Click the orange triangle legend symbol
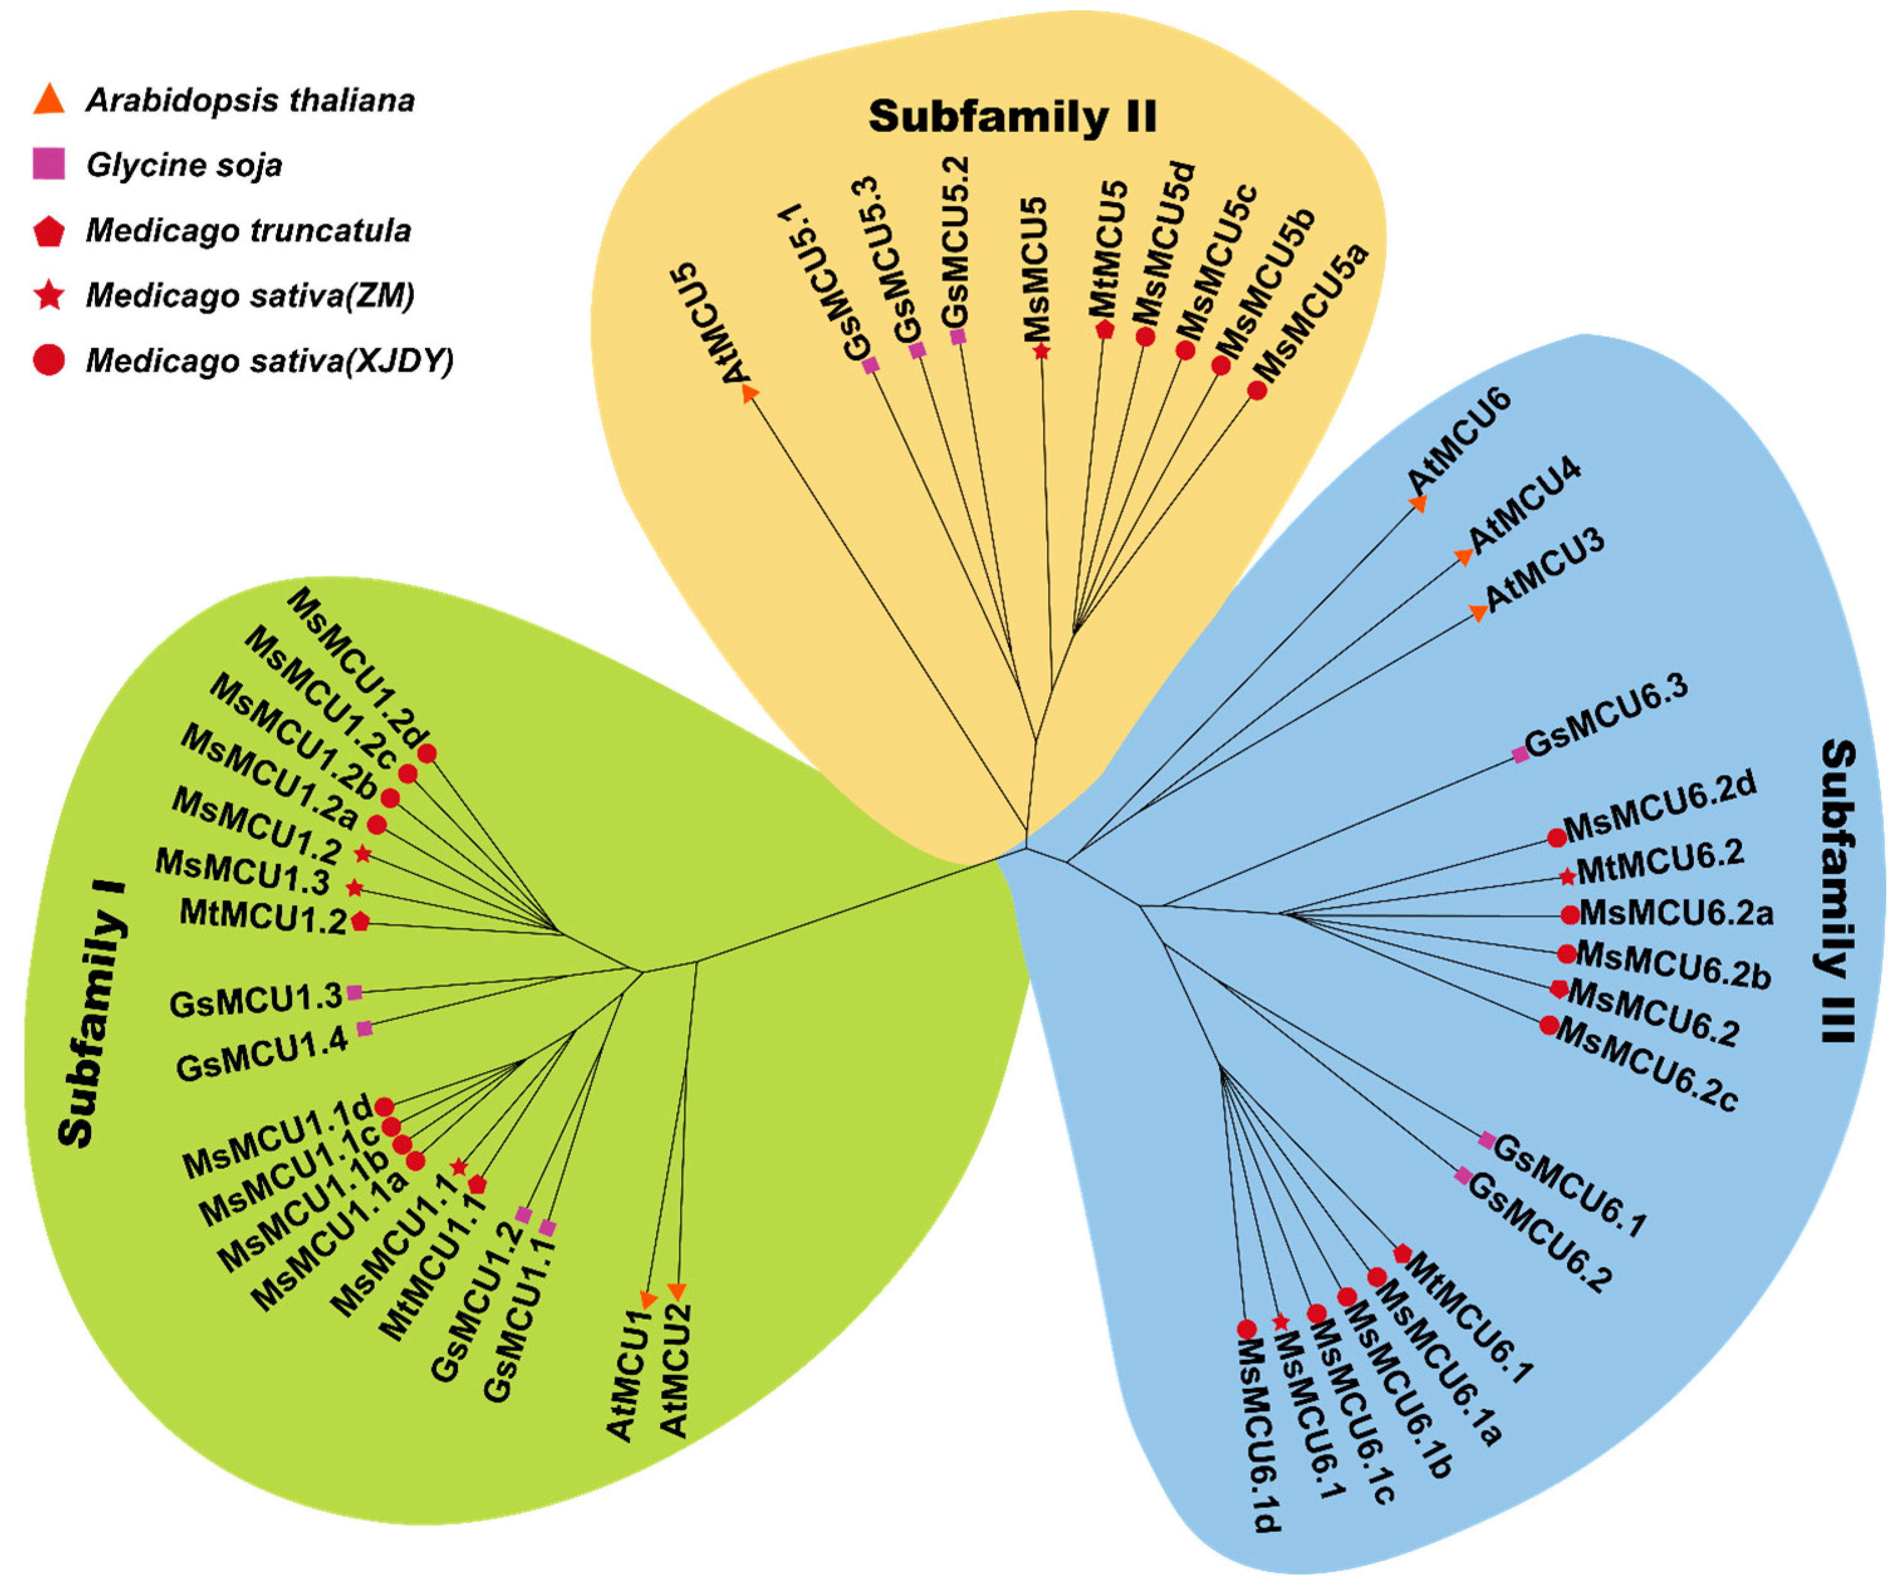tap(49, 100)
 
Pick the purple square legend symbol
tap(49, 164)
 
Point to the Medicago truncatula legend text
tap(248, 230)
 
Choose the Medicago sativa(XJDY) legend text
tap(269, 361)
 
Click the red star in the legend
tap(49, 295)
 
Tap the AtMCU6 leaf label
tap(1459, 442)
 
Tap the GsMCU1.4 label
tap(262, 1054)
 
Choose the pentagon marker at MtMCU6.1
tap(1402, 1253)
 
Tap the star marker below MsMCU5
tap(1042, 351)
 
